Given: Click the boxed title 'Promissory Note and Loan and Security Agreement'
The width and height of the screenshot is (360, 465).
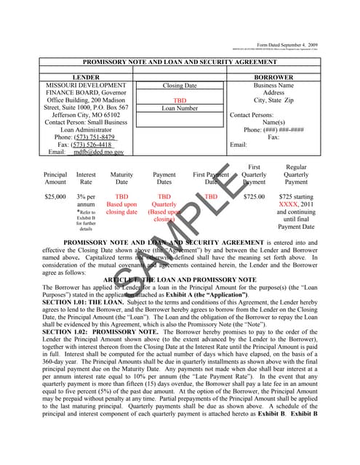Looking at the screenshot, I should tap(179, 62).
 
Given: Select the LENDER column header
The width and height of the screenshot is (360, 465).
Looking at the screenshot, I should tap(87, 77).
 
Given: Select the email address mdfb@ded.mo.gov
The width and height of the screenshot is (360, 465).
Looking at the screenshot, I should tap(96, 153).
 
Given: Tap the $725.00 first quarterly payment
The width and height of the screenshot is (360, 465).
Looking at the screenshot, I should tap(254, 197).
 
